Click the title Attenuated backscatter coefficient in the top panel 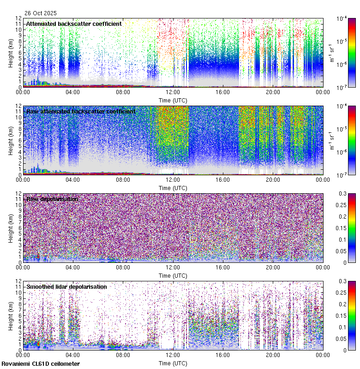click(74, 24)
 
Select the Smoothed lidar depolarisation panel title click(66, 287)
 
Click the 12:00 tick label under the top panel click(173, 92)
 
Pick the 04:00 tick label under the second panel click(73, 180)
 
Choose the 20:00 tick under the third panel click(273, 268)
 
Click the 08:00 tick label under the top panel click(123, 92)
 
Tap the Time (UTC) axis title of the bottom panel click(173, 363)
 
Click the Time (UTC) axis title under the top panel click(173, 100)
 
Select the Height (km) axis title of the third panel click(11, 228)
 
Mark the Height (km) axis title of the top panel click(11, 53)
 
